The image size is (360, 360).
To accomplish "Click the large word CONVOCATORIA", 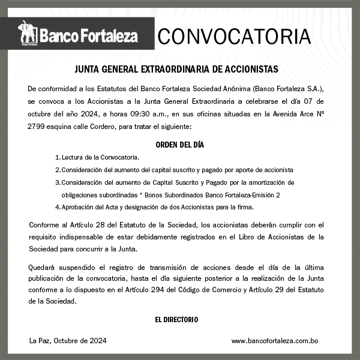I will (234, 37).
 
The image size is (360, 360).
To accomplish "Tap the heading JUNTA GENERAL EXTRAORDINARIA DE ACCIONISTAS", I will (176, 70).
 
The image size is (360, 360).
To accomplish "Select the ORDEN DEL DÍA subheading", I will (179, 145).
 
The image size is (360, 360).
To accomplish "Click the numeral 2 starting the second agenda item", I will (57, 170).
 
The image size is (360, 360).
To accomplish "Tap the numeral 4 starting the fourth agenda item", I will (57, 207).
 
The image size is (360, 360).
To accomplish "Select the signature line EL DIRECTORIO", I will (176, 320).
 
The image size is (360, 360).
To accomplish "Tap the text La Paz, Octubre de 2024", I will (68, 341).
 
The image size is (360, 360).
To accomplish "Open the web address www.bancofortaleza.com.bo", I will (274, 341).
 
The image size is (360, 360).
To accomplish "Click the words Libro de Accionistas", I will (281, 236).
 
